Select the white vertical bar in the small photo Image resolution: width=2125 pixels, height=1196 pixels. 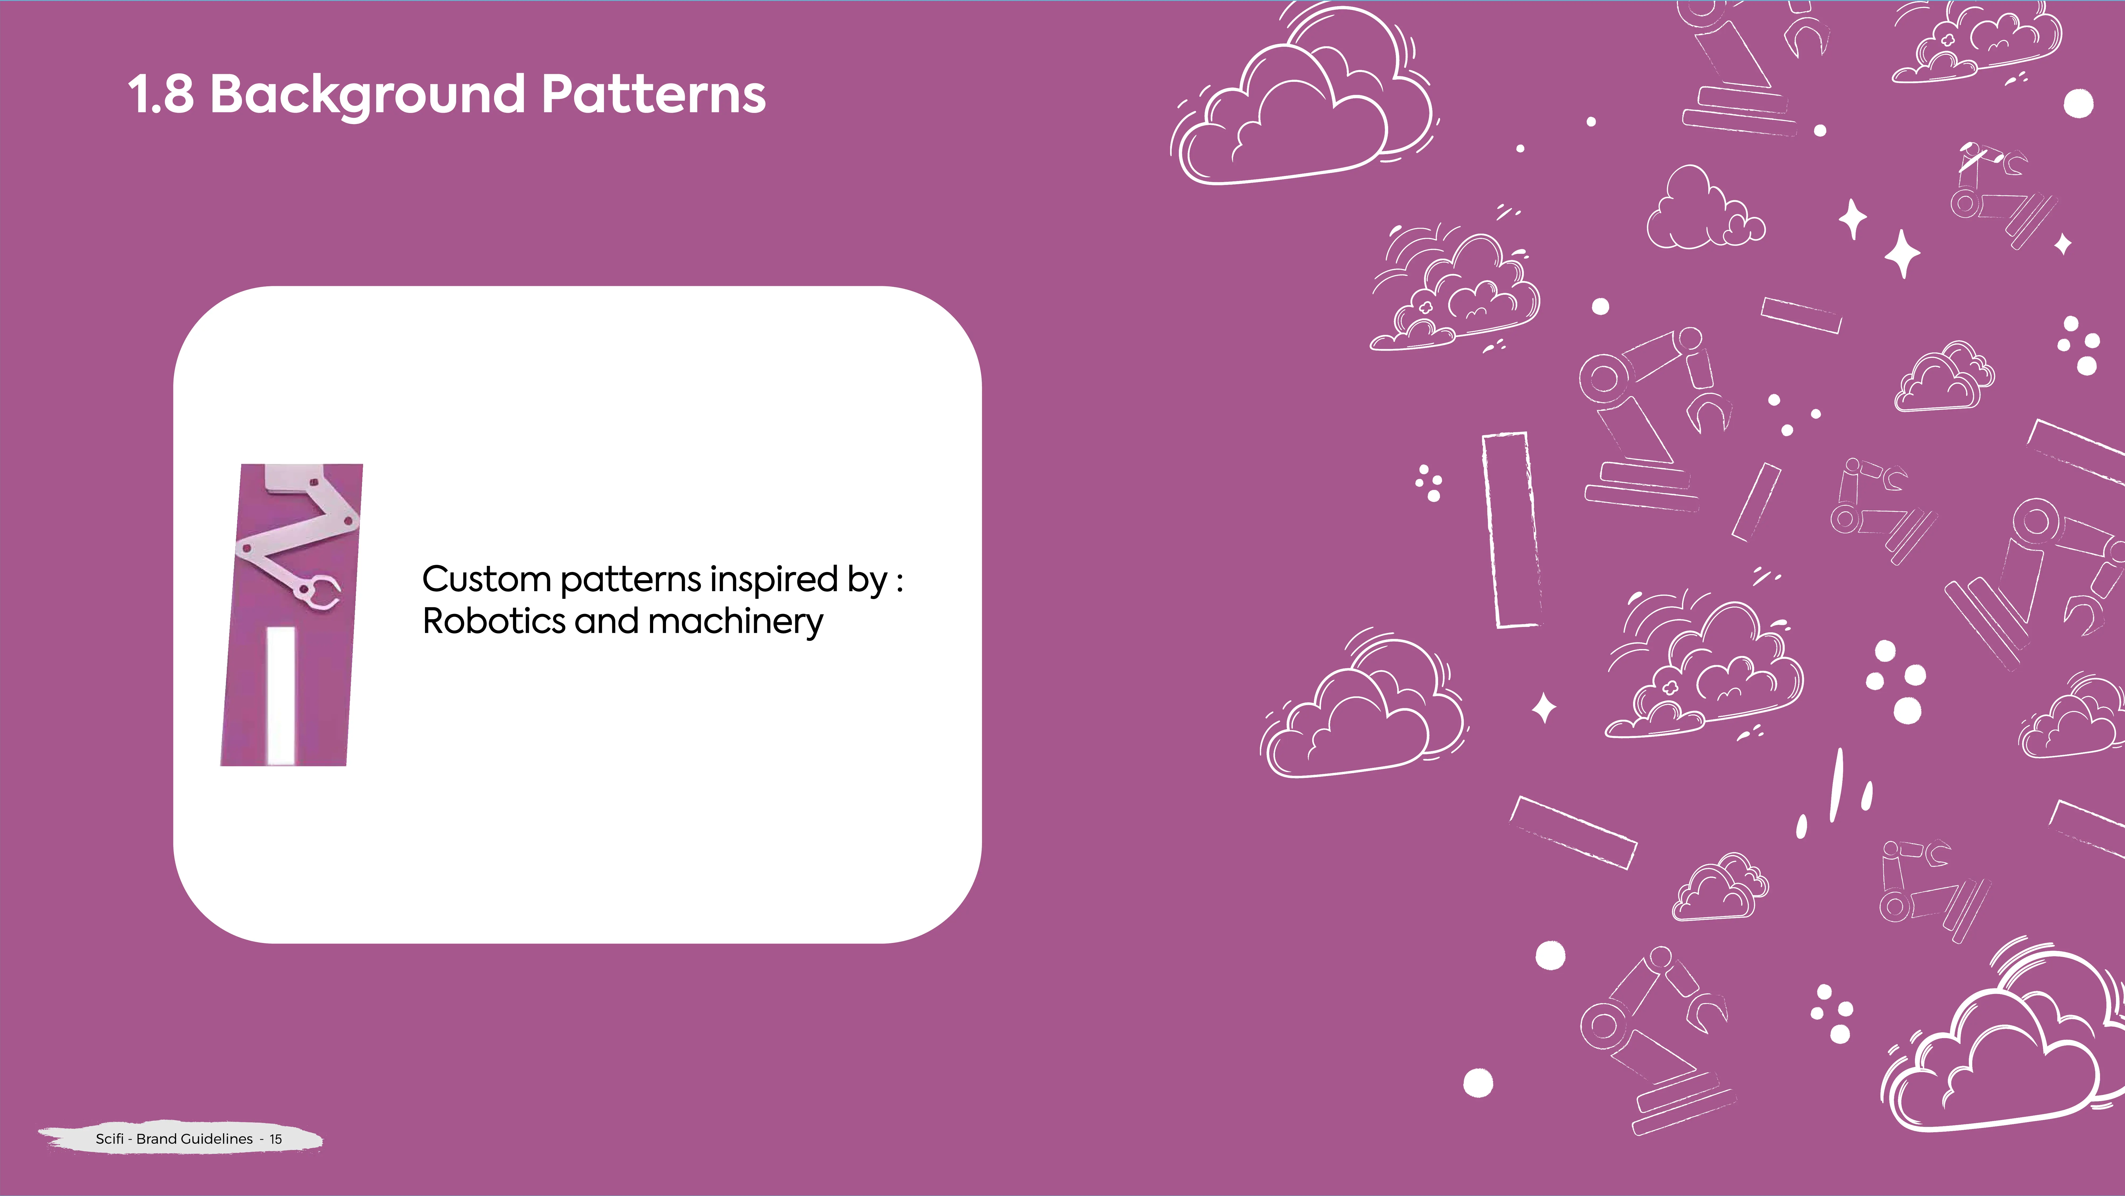(x=280, y=695)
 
